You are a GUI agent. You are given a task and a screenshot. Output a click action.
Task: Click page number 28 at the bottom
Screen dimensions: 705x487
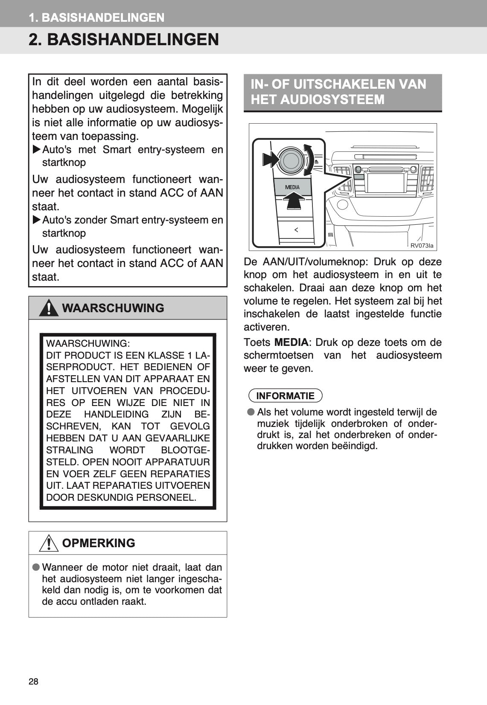click(x=33, y=682)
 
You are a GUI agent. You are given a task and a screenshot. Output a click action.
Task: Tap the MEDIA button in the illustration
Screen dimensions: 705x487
click(x=292, y=187)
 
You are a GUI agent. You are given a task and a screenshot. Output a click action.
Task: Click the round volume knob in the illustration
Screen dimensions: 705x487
click(x=291, y=160)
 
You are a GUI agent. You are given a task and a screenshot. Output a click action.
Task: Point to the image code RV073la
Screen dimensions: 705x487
click(x=422, y=245)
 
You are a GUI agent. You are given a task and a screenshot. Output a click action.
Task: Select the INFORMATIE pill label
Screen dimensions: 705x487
click(x=285, y=396)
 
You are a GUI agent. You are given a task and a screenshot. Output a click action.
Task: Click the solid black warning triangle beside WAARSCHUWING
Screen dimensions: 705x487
click(x=49, y=308)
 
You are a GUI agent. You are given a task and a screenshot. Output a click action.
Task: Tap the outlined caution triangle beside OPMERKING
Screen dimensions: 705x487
click(x=49, y=543)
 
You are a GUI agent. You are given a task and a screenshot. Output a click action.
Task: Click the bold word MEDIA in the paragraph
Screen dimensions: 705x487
click(x=291, y=342)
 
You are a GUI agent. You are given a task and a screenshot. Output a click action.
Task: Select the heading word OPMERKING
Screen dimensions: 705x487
click(x=99, y=543)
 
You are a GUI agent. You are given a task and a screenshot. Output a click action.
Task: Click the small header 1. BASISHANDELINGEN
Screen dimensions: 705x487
click(x=96, y=17)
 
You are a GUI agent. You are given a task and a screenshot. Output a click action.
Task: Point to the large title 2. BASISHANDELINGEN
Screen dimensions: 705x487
click(x=124, y=40)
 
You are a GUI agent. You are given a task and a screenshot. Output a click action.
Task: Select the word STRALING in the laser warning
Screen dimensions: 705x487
click(x=70, y=450)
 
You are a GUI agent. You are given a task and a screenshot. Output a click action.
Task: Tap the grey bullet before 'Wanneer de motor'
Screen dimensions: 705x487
click(x=36, y=567)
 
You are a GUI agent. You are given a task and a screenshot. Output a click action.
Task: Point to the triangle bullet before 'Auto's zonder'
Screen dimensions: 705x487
click(x=37, y=220)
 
